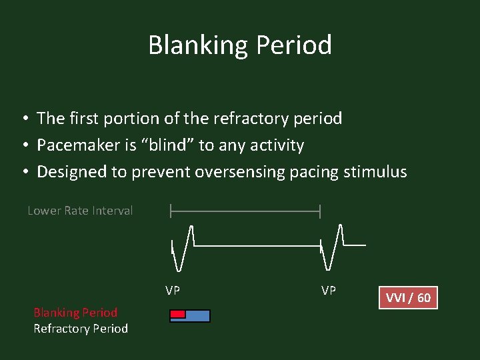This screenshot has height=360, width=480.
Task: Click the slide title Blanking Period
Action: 240,45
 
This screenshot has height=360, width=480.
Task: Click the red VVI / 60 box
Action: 409,297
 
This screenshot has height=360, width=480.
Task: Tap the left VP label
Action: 173,291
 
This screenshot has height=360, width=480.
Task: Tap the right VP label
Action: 329,291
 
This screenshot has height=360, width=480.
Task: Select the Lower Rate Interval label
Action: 80,211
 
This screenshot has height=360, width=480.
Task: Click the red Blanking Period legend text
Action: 75,313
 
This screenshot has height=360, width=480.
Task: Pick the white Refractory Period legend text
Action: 81,329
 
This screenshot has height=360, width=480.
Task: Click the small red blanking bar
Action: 177,314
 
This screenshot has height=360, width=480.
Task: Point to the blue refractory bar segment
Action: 198,315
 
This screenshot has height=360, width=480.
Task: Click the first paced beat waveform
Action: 182,247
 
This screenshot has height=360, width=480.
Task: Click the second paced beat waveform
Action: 331,247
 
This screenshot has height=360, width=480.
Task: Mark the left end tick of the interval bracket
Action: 171,211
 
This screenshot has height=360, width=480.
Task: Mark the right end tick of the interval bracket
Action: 321,211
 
